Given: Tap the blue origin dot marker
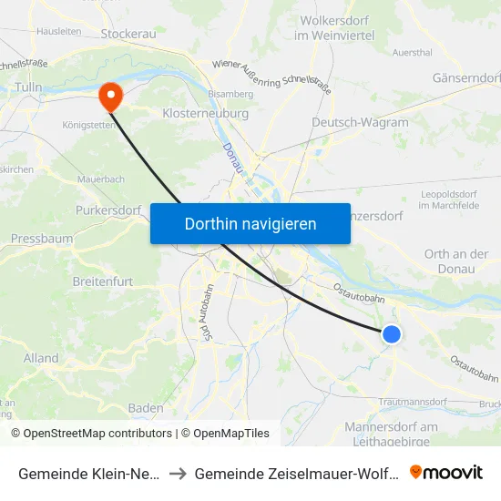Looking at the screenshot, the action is [392, 334].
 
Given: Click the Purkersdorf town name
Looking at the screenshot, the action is [108, 210].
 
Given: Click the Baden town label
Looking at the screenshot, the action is [146, 407].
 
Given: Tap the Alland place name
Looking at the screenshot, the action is [42, 358].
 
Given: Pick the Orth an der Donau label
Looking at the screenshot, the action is [456, 261].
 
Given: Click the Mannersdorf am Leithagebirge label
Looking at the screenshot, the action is [393, 434].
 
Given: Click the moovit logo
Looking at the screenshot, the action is [445, 472].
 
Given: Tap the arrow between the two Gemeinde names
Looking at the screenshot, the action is [179, 473].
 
